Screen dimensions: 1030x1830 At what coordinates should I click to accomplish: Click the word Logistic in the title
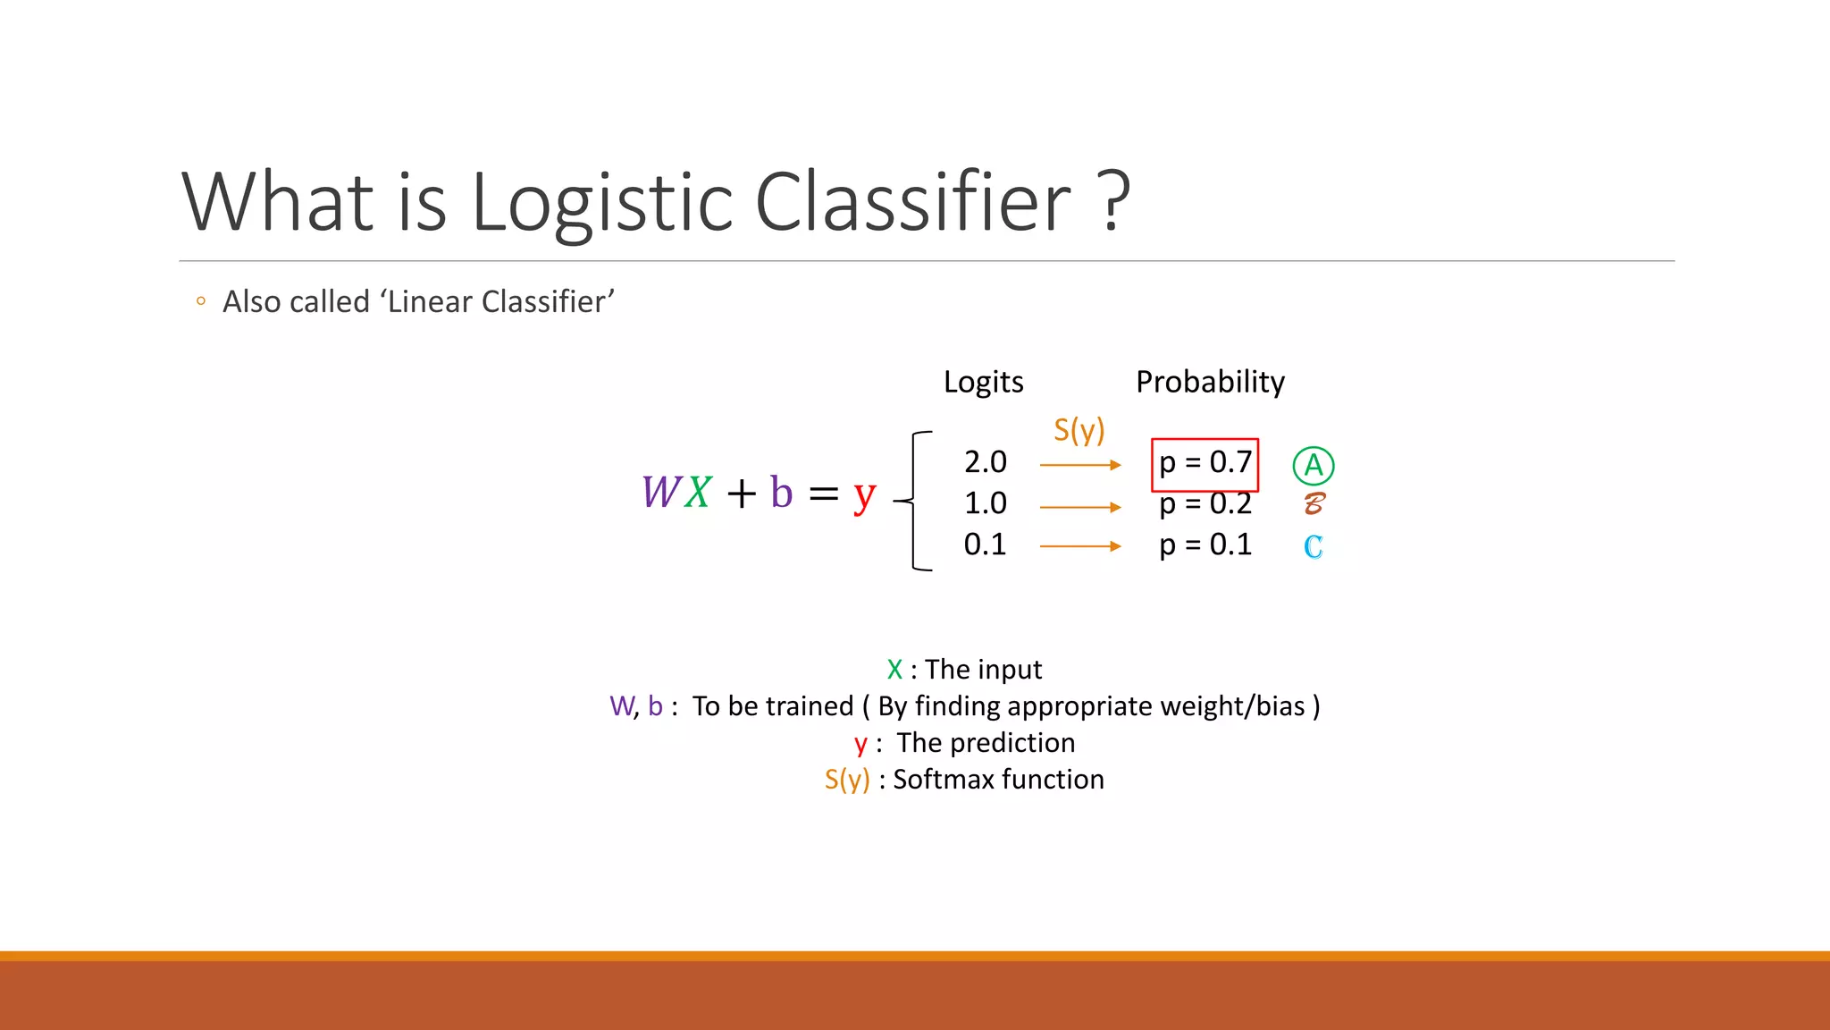click(601, 202)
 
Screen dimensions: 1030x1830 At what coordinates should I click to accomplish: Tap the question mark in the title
click(1112, 202)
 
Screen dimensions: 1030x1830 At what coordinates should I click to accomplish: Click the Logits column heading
click(983, 382)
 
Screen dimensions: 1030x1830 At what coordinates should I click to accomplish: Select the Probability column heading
click(1210, 382)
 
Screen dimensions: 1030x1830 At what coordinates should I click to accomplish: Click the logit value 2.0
click(985, 462)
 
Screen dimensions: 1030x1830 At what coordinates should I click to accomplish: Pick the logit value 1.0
click(985, 503)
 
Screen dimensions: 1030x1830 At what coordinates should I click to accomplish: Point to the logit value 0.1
click(985, 545)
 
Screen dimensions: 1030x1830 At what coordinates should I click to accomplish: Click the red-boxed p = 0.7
click(1205, 463)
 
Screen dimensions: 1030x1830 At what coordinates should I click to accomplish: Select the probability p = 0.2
click(1205, 505)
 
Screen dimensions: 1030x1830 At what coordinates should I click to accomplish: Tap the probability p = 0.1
click(1205, 545)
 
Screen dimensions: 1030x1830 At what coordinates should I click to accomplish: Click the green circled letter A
click(1313, 465)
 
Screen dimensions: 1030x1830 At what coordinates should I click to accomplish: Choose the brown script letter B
click(1313, 503)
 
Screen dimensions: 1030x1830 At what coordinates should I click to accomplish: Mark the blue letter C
click(1313, 546)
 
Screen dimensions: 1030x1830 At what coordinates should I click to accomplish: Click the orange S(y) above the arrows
click(1079, 431)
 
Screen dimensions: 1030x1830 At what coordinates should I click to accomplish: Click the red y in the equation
click(863, 494)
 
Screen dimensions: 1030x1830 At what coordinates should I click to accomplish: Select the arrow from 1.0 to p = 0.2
click(1079, 507)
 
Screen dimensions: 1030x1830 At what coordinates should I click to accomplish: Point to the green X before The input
click(894, 670)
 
